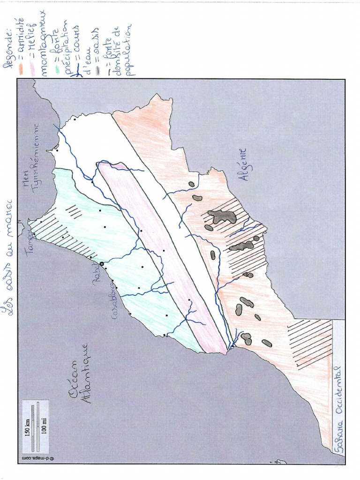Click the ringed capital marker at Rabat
[x=101, y=264]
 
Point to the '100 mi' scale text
[x=44, y=426]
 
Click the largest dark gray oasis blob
[x=222, y=216]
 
